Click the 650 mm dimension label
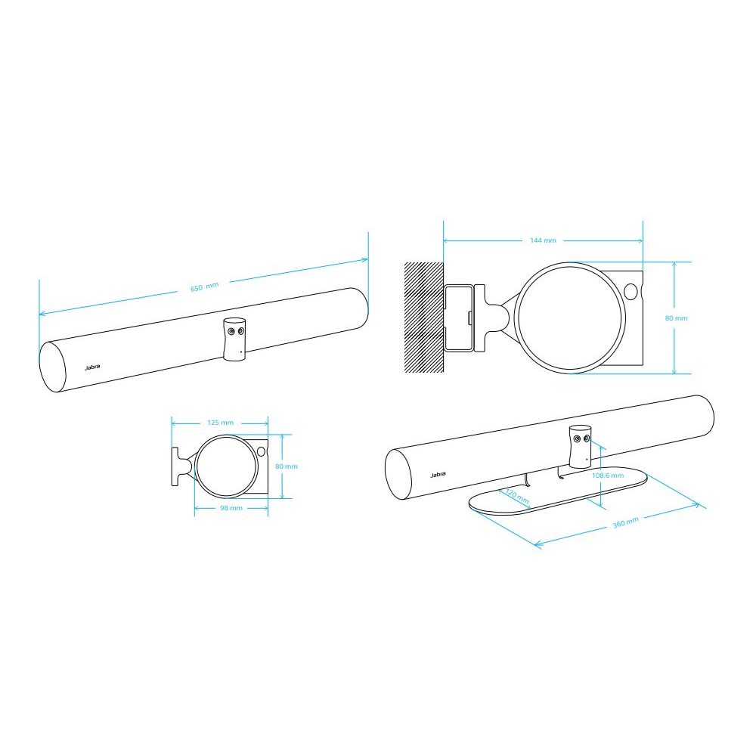point(204,287)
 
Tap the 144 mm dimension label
point(543,240)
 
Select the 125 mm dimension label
point(220,423)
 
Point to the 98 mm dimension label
point(231,508)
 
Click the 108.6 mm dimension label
point(608,475)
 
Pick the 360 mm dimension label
point(626,522)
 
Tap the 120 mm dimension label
point(517,496)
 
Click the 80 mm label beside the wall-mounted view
point(676,318)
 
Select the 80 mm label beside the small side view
point(287,466)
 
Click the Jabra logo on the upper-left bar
point(92,367)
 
